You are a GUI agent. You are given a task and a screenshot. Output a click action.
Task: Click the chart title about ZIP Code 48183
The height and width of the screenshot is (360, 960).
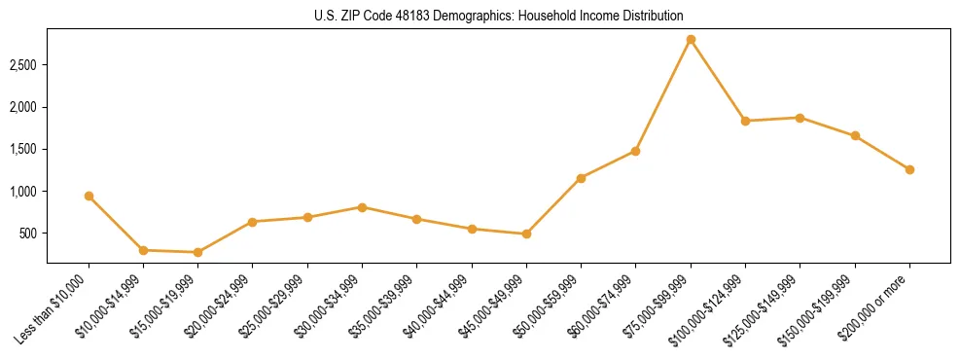(498, 16)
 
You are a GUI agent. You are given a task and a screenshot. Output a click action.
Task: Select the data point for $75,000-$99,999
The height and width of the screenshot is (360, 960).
(691, 40)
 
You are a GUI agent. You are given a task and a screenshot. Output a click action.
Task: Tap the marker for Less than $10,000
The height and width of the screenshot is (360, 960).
(89, 197)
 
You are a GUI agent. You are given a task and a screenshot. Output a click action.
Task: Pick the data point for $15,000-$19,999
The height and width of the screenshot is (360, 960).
(198, 252)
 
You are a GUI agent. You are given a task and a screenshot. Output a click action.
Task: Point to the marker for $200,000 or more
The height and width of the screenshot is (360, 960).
(909, 169)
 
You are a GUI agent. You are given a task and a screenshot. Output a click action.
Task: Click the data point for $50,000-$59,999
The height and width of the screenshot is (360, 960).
(581, 178)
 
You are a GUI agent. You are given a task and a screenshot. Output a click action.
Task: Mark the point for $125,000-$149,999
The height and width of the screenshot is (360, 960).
(800, 118)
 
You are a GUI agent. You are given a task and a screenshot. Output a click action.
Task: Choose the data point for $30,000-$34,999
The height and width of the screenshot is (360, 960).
(362, 207)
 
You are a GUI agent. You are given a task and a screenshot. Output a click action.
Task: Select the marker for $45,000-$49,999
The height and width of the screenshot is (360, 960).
(526, 234)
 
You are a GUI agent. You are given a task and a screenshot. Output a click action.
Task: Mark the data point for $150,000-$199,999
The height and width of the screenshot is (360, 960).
(855, 136)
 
